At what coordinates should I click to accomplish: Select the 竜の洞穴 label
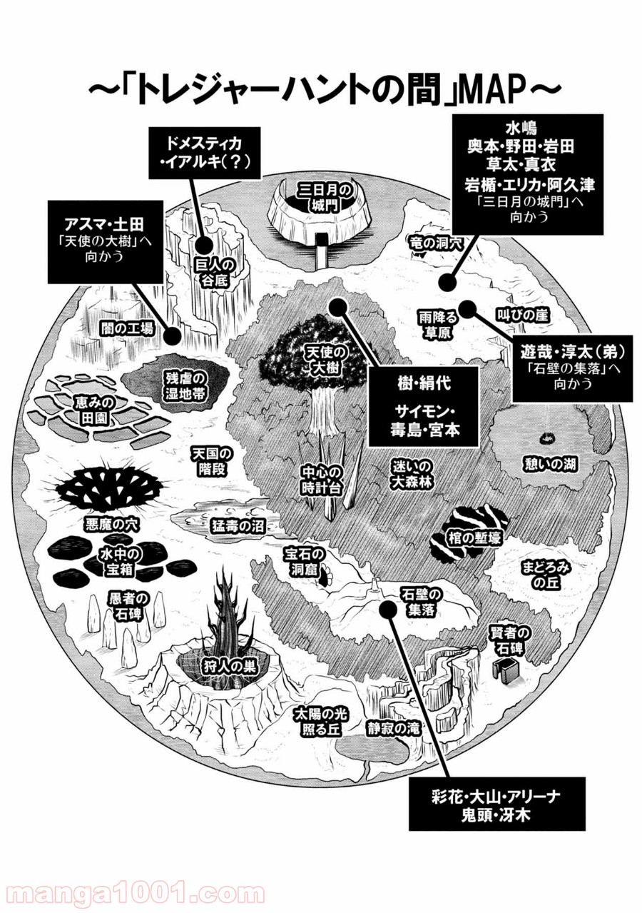coord(437,243)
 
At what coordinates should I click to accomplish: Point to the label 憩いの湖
coord(549,465)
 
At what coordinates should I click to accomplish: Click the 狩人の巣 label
coord(230,667)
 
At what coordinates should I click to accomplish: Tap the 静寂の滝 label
coord(393,728)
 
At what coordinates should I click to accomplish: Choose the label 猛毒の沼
coord(238,526)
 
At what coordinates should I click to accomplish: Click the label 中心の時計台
coord(322,480)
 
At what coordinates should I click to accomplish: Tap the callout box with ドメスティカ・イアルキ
coord(203,151)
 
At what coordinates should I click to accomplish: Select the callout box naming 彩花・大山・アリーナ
coord(496,803)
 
